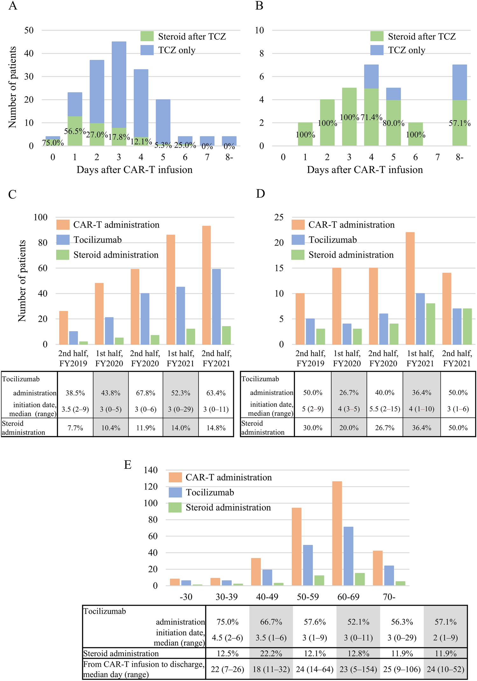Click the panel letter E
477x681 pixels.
coord(128,465)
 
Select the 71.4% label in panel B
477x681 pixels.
coord(371,117)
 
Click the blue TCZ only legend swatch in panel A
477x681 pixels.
coord(147,50)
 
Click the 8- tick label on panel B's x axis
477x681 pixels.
coord(459,157)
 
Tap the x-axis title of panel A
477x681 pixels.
coord(134,170)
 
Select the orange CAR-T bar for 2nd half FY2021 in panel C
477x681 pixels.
coord(206,285)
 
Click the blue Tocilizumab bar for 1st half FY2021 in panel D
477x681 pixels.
coord(420,318)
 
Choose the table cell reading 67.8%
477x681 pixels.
coord(145,393)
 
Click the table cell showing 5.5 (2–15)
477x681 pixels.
coord(385,409)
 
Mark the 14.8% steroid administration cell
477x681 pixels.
coord(216,428)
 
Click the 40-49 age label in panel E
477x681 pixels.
coord(267,597)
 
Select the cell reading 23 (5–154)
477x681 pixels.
coord(358,670)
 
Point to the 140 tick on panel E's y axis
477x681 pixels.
coord(151,470)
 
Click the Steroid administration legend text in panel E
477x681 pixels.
coord(228,508)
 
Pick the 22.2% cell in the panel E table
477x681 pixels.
coord(271,654)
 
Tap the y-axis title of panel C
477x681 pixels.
coord(22,281)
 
